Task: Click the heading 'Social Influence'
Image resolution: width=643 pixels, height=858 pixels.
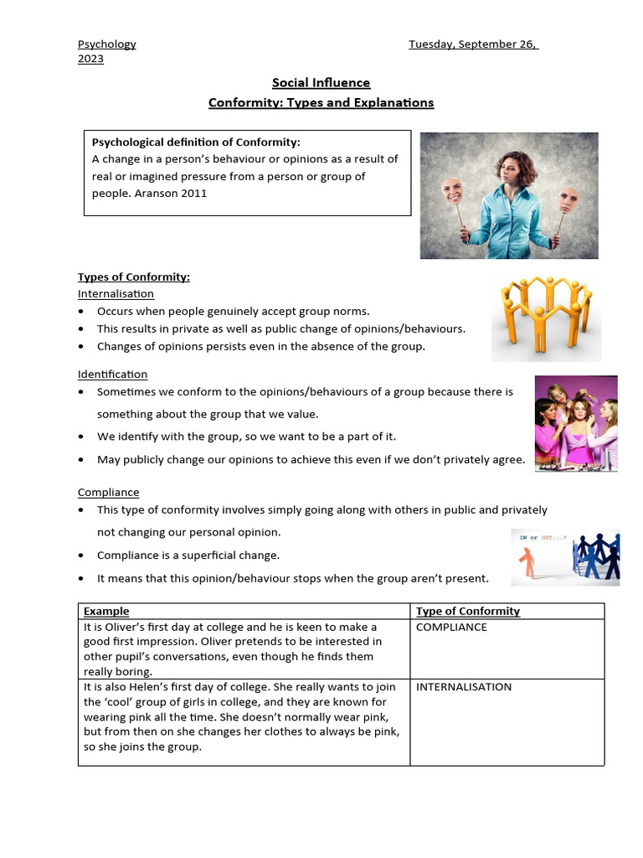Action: (321, 82)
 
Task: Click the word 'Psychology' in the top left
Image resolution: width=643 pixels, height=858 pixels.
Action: (106, 44)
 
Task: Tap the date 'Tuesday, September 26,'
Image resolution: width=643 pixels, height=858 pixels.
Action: (473, 44)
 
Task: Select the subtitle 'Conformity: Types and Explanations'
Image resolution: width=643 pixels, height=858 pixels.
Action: (321, 102)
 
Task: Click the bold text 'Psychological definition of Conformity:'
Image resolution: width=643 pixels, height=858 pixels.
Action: (195, 142)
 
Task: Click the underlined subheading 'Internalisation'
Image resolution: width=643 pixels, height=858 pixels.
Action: (116, 293)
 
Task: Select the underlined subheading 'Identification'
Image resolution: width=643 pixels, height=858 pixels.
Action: (112, 374)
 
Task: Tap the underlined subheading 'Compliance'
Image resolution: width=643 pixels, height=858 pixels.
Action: (108, 492)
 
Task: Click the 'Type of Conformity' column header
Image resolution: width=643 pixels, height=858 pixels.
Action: (468, 611)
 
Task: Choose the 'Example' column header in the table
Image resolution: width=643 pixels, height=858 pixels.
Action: (106, 611)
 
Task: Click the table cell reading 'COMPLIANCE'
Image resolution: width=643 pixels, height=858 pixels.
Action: (451, 627)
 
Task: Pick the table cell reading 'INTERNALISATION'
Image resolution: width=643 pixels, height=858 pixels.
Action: (464, 686)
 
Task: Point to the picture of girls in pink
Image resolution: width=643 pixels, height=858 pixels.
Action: (576, 423)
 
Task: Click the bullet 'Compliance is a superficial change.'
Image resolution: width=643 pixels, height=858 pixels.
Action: (188, 555)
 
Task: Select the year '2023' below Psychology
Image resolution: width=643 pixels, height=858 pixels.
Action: (90, 59)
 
